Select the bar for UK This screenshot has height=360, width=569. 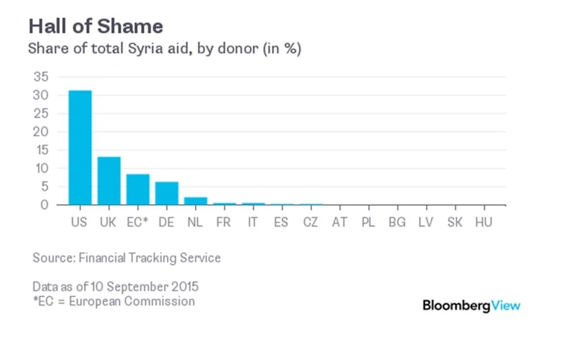[109, 180]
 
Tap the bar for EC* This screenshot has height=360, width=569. [138, 189]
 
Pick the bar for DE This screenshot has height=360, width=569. [167, 193]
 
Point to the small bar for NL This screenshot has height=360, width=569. [196, 201]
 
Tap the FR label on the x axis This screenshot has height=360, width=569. [224, 221]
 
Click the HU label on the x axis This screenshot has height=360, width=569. [484, 221]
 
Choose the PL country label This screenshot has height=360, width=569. [368, 221]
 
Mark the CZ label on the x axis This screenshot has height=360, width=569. [311, 221]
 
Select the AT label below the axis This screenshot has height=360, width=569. [340, 221]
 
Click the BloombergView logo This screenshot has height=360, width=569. [471, 306]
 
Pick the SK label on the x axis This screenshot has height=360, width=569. [455, 221]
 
